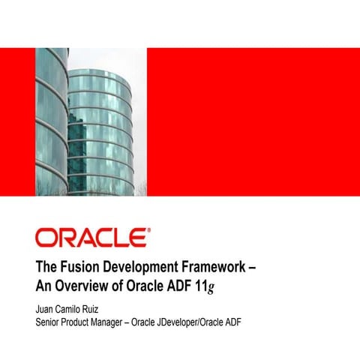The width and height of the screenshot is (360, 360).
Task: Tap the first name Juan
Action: (x=46, y=309)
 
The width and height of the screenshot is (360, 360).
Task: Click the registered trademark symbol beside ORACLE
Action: (x=147, y=230)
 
